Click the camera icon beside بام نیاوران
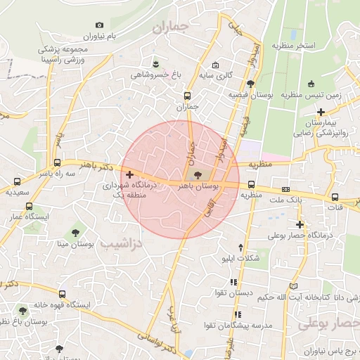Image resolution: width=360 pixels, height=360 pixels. (99, 25)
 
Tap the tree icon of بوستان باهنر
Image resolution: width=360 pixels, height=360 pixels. (195, 175)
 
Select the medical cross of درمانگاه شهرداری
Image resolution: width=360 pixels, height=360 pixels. (129, 174)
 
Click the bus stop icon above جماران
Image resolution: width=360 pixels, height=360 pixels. (187, 96)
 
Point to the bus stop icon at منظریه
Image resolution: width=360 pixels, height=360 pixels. (251, 186)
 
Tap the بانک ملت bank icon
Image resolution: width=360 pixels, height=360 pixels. (285, 189)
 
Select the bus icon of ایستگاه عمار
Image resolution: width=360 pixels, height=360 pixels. (29, 206)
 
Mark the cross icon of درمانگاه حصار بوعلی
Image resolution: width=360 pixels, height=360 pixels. (300, 224)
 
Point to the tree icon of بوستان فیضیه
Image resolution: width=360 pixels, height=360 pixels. (251, 83)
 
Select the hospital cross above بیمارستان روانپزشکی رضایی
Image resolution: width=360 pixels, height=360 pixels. (321, 111)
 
